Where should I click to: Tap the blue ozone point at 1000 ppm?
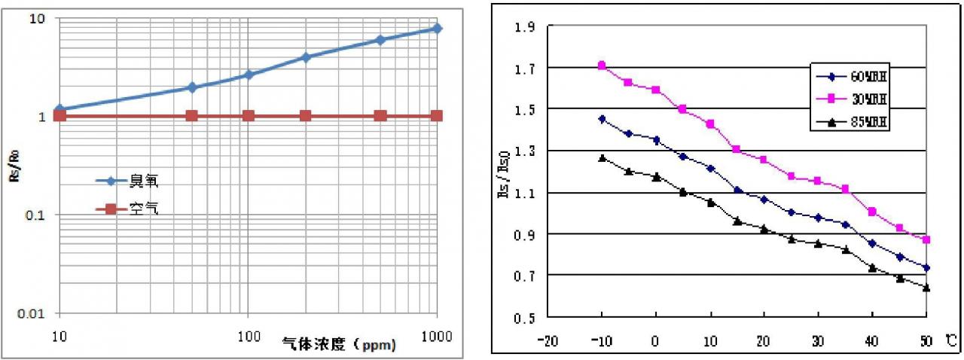pyautogui.click(x=438, y=28)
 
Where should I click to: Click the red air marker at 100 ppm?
pyautogui.click(x=249, y=116)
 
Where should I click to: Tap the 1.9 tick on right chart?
pyautogui.click(x=524, y=27)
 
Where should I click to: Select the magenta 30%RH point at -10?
pyautogui.click(x=602, y=66)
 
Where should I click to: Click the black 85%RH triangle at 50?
pyautogui.click(x=926, y=288)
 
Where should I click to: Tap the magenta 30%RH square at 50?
pyautogui.click(x=926, y=239)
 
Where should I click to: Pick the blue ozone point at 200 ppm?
pyautogui.click(x=306, y=57)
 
